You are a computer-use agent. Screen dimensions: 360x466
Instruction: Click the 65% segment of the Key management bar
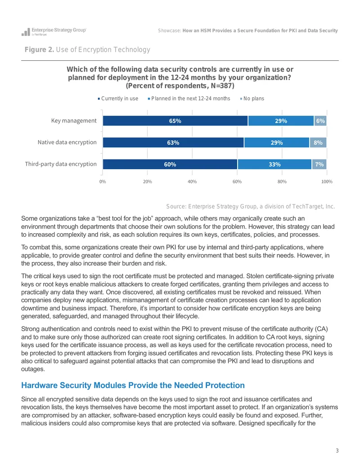point(175,121)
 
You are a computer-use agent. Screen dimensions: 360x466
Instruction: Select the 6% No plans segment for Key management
point(320,121)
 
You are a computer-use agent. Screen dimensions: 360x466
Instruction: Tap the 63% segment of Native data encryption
point(173,142)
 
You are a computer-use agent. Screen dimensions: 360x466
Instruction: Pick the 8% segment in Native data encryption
point(318,142)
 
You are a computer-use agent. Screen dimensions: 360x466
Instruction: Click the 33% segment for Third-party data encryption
point(274,164)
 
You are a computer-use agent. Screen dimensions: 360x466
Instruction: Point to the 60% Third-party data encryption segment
point(170,164)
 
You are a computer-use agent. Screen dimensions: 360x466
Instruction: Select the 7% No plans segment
point(319,164)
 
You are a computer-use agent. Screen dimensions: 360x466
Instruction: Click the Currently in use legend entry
point(118,98)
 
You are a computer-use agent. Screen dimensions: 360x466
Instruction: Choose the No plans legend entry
point(252,98)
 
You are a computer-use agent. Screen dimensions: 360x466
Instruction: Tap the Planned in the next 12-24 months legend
point(189,98)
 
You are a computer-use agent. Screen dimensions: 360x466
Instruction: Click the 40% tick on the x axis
point(192,181)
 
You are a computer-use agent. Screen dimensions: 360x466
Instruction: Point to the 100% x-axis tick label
point(327,181)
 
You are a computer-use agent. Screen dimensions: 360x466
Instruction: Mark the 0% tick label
point(103,181)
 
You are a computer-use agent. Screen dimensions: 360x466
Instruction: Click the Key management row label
point(74,121)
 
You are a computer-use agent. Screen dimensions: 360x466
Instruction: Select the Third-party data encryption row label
point(61,164)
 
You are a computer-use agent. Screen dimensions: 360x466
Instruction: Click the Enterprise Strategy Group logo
point(54,32)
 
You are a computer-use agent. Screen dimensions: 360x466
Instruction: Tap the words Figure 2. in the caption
point(39,50)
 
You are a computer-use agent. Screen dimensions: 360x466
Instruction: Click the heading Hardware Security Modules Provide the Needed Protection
point(133,385)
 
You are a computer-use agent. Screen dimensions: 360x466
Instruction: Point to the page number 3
point(337,451)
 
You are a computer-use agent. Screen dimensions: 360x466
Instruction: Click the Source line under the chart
point(250,206)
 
